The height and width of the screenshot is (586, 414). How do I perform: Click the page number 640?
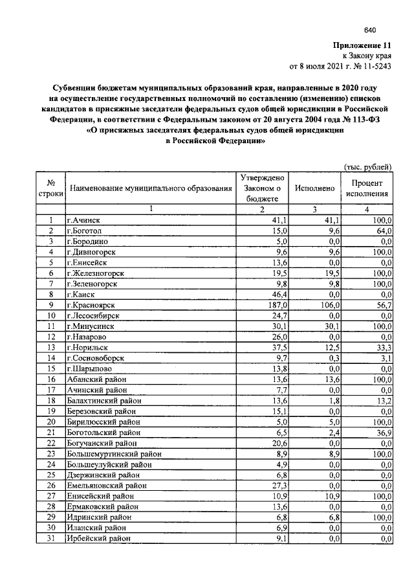tap(370, 30)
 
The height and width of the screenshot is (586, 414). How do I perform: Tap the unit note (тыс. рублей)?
tap(367, 166)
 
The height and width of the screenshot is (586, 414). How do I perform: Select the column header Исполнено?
tap(314, 188)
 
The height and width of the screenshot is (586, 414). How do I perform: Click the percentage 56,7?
tap(382, 305)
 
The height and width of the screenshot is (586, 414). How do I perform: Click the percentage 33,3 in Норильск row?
tap(382, 347)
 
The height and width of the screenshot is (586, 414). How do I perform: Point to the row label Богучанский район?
tap(102, 443)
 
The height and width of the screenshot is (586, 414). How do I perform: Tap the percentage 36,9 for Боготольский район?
tap(382, 432)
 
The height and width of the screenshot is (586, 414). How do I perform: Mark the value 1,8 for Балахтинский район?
tap(331, 400)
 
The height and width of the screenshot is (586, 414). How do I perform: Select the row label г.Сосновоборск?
tap(96, 358)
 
